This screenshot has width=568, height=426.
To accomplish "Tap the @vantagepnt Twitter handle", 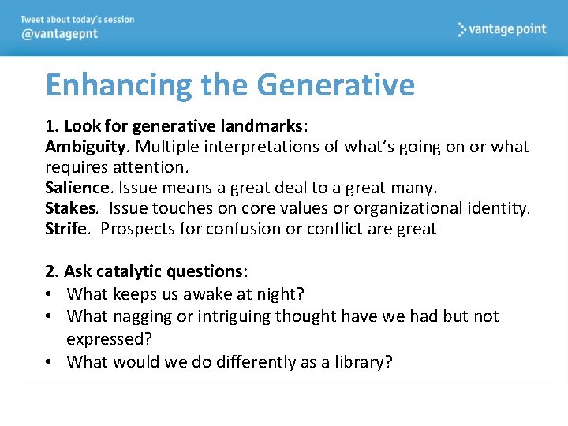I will [x=59, y=35].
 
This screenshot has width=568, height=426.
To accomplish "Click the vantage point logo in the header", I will [x=502, y=29].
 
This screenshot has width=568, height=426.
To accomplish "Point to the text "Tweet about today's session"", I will [x=77, y=20].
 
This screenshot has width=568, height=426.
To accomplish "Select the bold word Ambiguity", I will [x=85, y=147].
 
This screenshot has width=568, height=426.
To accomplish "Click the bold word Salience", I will [x=77, y=188].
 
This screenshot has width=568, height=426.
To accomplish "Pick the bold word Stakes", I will [x=71, y=208].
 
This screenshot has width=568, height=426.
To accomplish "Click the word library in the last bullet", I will [x=355, y=362].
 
